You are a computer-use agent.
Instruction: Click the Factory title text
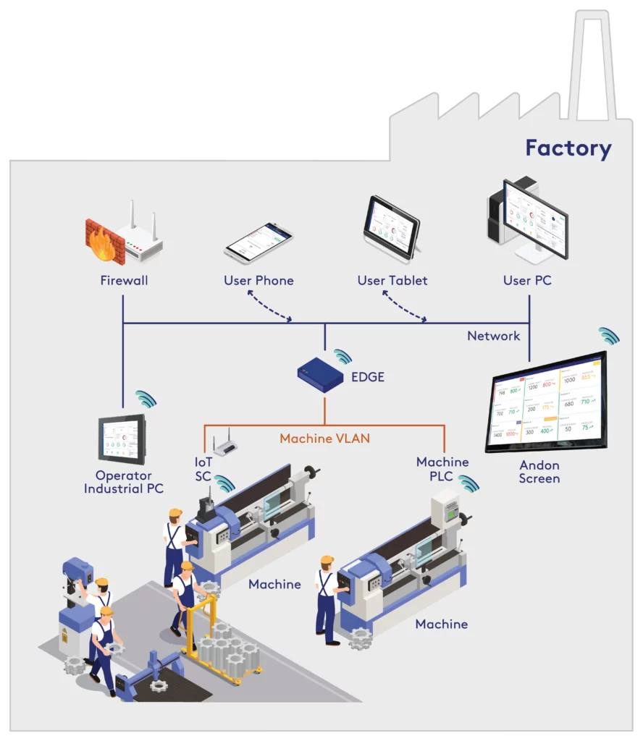tap(568, 148)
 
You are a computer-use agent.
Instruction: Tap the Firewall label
tap(123, 280)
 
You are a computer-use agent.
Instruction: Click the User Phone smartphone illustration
tap(259, 242)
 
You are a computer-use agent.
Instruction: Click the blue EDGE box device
tap(320, 375)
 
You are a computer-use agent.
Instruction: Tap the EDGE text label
tap(367, 377)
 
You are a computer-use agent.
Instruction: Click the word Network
tap(493, 336)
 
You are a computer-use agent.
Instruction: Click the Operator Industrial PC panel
tap(122, 439)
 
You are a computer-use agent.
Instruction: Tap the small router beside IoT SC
tap(226, 444)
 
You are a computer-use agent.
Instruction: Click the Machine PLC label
tap(442, 468)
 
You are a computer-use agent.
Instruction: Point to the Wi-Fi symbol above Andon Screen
tap(609, 336)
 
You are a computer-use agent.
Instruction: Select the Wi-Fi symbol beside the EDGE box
tap(342, 356)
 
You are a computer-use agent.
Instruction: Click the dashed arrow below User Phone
tap(269, 305)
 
